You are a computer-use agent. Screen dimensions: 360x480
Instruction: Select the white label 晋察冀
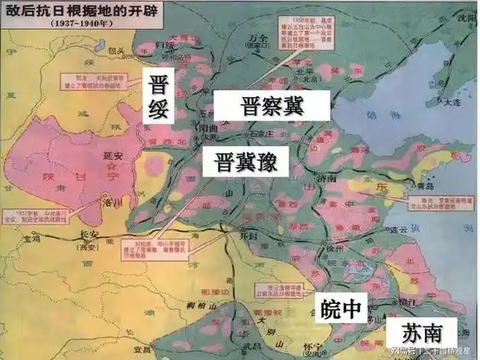click(x=271, y=106)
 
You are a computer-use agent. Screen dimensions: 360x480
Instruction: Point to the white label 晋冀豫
click(x=240, y=162)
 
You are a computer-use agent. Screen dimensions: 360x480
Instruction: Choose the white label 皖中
click(x=339, y=308)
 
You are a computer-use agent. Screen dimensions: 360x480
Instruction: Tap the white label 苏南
click(x=420, y=334)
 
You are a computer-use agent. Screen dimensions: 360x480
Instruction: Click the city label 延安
click(x=112, y=155)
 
